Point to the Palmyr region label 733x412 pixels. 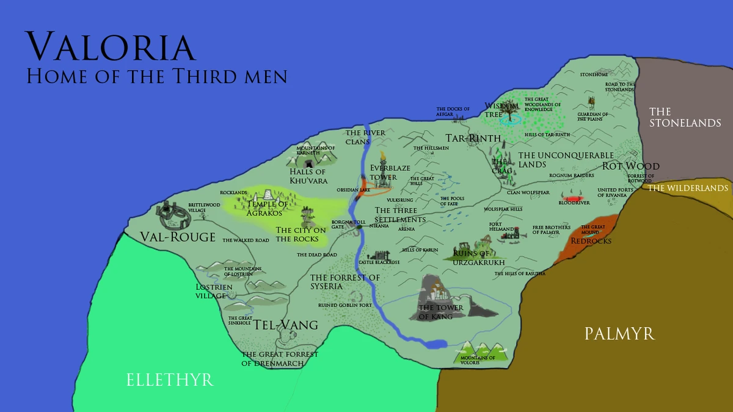coord(619,334)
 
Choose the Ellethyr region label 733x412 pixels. coord(170,380)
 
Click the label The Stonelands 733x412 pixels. coord(685,117)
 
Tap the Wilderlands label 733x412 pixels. coord(688,189)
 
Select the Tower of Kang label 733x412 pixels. coord(440,312)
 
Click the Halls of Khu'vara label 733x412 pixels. coord(308,176)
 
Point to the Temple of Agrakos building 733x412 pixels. coord(266,196)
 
